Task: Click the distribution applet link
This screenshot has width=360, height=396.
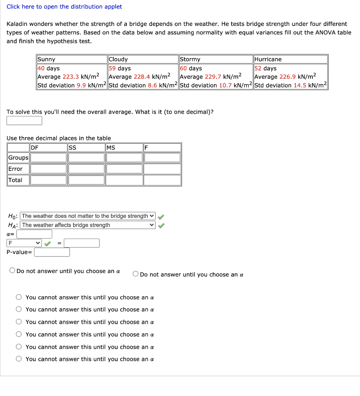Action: click(64, 7)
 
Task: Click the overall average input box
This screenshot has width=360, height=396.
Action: click(24, 121)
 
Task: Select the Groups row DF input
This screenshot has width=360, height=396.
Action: click(48, 158)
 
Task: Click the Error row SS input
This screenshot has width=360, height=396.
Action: click(86, 169)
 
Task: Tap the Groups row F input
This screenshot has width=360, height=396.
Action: click(162, 158)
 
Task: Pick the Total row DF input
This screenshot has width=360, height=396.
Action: click(48, 180)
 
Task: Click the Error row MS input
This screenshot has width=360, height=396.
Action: click(124, 169)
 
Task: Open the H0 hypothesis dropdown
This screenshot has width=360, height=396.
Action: click(88, 216)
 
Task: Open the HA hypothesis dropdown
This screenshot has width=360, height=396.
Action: click(88, 225)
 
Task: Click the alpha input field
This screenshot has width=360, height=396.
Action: click(34, 234)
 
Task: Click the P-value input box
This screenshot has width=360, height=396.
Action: click(52, 252)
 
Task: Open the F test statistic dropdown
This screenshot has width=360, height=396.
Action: click(24, 243)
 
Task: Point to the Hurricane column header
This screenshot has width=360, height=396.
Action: click(268, 59)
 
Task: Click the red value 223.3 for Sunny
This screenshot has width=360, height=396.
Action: click(71, 77)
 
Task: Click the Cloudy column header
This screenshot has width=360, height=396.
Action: click(118, 59)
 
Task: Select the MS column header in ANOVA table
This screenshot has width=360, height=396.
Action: click(111, 147)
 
